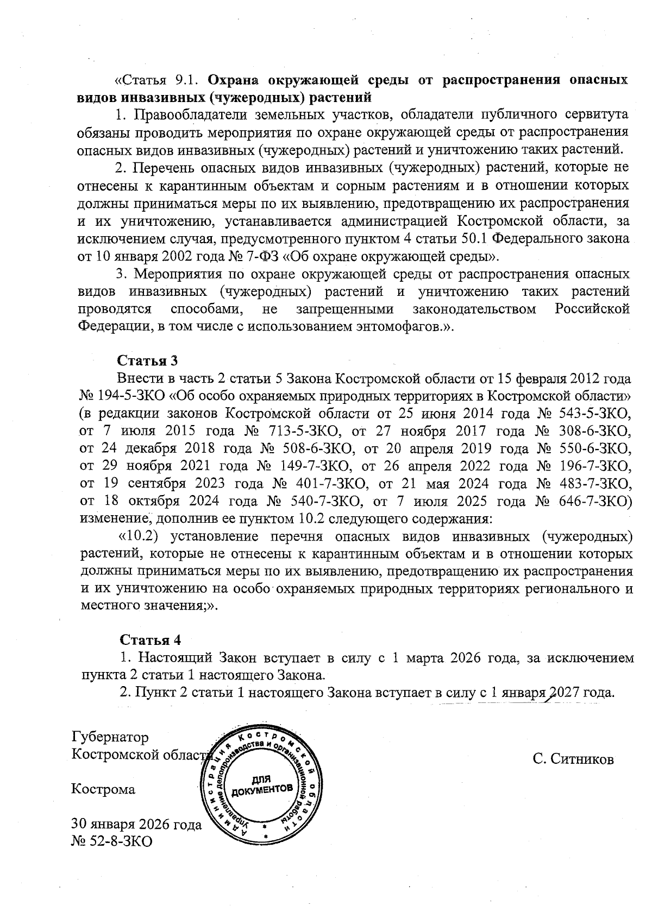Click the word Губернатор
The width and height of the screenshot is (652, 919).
point(110,737)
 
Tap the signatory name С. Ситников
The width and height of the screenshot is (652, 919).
point(573,758)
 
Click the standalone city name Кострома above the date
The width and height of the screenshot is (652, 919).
point(104,789)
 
